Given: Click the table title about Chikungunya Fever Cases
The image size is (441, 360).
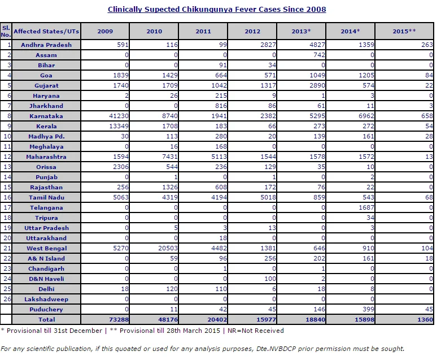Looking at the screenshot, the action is pos(217,9).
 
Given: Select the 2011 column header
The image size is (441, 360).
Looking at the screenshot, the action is pos(203,31).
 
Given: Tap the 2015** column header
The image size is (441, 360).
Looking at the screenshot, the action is pos(404,31).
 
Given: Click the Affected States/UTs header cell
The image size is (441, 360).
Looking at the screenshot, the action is pos(46,31).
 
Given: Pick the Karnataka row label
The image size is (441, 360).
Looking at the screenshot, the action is pos(46,116).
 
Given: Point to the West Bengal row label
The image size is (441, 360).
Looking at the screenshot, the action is pos(47,248).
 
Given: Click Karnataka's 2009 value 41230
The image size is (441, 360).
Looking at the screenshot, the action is pos(119,116).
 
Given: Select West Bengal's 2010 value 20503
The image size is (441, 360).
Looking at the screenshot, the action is pos(168,248).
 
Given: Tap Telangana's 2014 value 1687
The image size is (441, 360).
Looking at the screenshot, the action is pos(366,208).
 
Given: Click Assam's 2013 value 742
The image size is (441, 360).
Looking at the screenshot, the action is pos(319,55).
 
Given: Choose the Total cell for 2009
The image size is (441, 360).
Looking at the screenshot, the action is pos(119,319).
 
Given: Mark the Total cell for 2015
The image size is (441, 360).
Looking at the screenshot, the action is pos(425,319).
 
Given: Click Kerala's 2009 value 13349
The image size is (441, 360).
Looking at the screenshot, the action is pos(119,126).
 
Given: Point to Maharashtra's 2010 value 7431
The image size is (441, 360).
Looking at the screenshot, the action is pos(170,157).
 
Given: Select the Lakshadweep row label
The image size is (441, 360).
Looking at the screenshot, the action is pos(46,299).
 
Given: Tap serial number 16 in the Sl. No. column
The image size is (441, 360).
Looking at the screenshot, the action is pos(7,197).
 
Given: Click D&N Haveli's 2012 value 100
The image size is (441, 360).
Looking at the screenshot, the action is pos(270,279).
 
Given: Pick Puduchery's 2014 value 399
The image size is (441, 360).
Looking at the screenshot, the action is pos(368,309).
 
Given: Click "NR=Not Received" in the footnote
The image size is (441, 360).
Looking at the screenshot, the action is pos(256,331).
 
